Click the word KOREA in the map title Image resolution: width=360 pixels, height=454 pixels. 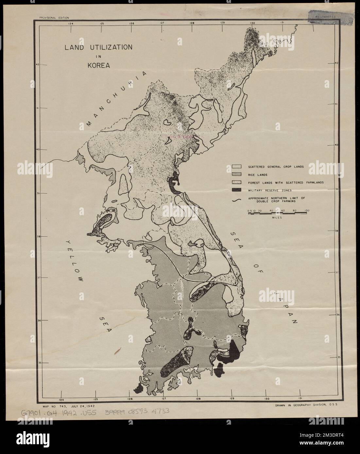coord(98,65)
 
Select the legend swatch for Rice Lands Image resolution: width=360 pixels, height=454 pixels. coord(236,174)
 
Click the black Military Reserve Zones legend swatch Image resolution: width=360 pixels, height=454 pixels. coord(236,190)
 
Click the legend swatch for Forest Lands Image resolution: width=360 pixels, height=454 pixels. coord(236,182)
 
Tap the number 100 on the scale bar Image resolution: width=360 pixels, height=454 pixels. coord(307,210)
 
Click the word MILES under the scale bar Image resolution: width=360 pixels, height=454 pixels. coord(277,217)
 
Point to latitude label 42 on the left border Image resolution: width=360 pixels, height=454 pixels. coord(38,64)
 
